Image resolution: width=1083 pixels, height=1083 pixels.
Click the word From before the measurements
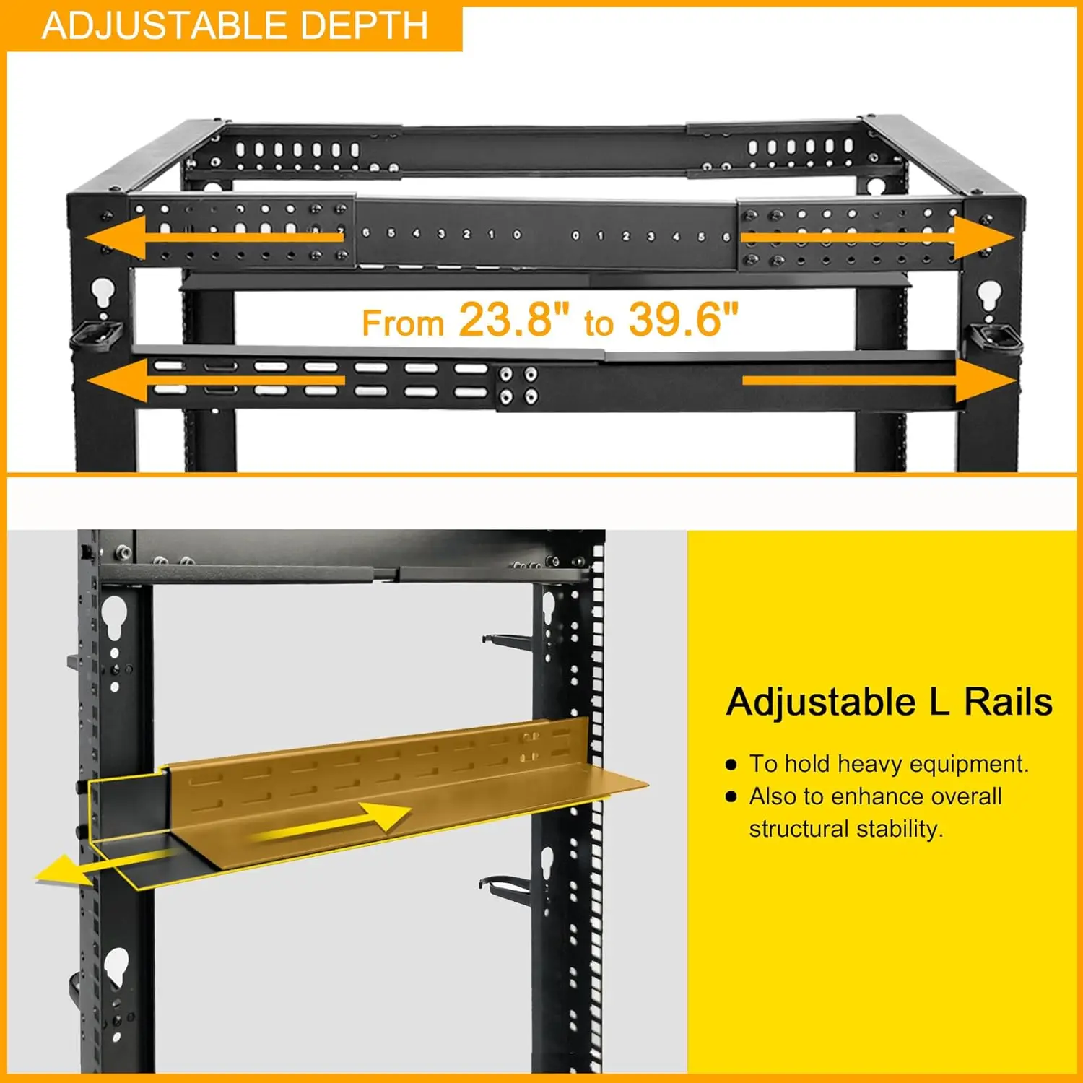pyautogui.click(x=402, y=323)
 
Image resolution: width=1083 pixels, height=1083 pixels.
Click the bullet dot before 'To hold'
pyautogui.click(x=731, y=764)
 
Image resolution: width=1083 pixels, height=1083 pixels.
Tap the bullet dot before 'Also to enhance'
pyautogui.click(x=731, y=797)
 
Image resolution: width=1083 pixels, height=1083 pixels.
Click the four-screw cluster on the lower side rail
pyautogui.click(x=518, y=385)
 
